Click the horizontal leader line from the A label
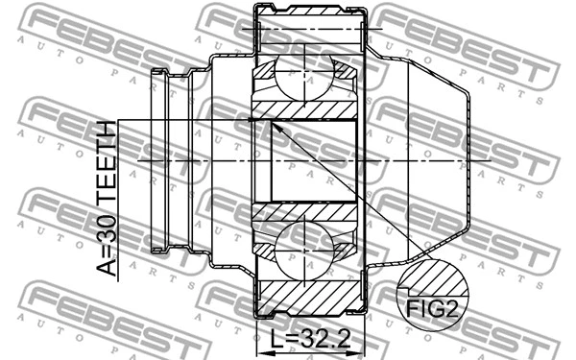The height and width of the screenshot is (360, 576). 182,120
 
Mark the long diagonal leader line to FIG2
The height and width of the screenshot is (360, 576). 346,192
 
